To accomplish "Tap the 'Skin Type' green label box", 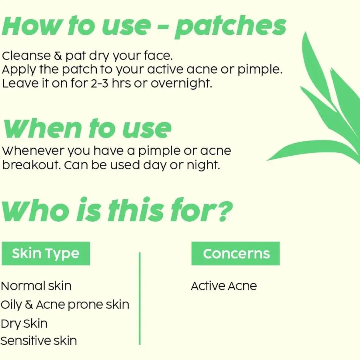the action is click(x=46, y=254).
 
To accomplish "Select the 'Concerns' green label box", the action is click(x=236, y=254).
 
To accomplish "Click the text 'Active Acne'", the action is click(x=224, y=286).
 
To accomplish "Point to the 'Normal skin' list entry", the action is click(x=36, y=286).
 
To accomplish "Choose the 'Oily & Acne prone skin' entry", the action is click(x=65, y=305).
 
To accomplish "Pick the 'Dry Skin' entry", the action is click(x=24, y=324).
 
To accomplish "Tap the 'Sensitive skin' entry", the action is click(x=38, y=340).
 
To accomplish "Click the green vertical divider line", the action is click(x=140, y=298).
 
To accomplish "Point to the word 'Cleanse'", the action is click(x=26, y=56).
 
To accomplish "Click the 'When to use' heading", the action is click(x=87, y=128).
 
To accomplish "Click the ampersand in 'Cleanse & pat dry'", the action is click(x=58, y=56).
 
